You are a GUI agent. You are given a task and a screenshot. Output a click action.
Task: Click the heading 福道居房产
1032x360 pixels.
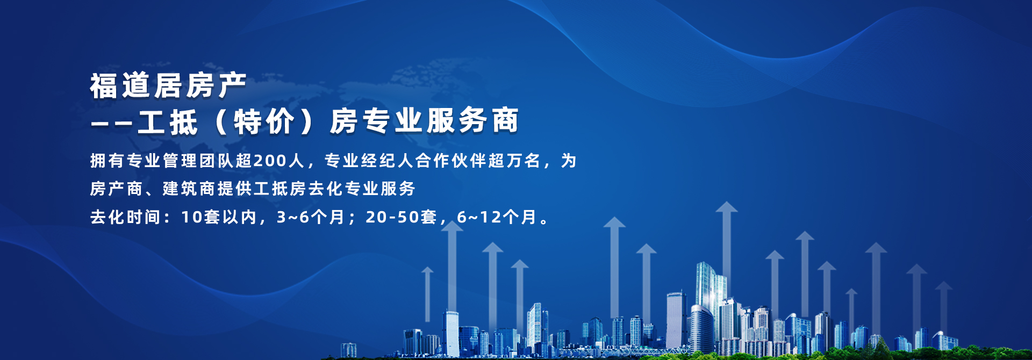(x=168, y=86)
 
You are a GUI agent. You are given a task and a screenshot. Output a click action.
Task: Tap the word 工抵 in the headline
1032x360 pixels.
(x=168, y=121)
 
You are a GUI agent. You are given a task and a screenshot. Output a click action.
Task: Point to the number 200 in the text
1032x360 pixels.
(x=270, y=161)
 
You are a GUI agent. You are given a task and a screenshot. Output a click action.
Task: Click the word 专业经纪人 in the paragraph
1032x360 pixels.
(x=369, y=161)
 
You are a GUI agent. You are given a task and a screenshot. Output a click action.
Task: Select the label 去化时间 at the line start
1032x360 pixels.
(x=125, y=217)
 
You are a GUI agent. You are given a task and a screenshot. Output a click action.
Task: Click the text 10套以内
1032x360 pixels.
(x=218, y=217)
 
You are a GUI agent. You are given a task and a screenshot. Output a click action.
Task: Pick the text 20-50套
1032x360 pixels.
(x=401, y=217)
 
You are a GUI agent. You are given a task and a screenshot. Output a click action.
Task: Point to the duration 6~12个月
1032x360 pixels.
(x=497, y=217)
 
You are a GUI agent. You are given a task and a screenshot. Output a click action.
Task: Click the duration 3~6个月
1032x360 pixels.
(x=310, y=217)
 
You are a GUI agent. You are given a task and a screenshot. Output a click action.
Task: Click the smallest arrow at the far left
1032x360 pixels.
(x=427, y=294)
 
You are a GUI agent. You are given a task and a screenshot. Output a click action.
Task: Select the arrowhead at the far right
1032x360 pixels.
(x=943, y=286)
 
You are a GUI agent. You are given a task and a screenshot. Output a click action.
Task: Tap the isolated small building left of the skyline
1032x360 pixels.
(x=348, y=350)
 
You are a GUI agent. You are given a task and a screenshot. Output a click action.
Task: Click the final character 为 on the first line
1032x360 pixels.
(x=569, y=161)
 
